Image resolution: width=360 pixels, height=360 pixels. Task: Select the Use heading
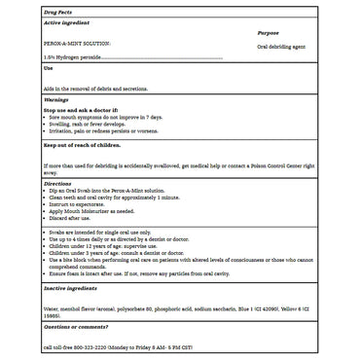pos(49,69)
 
